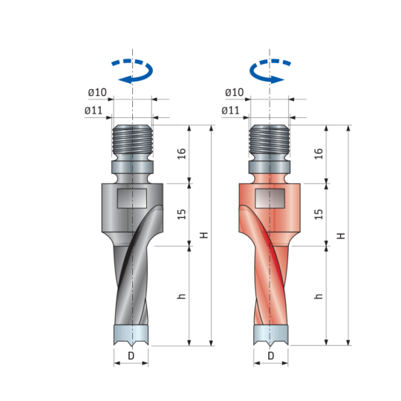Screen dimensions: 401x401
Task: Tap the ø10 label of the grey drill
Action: click(x=97, y=92)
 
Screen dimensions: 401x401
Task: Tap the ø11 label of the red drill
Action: click(x=230, y=111)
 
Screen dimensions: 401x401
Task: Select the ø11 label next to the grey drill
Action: click(x=94, y=111)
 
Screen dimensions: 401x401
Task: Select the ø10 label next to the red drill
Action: click(x=234, y=92)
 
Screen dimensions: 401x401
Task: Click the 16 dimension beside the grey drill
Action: click(x=181, y=154)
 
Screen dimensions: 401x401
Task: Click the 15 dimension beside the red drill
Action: click(x=319, y=215)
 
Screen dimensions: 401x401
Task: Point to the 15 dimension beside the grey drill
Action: click(x=181, y=215)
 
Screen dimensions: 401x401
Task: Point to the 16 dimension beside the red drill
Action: click(x=319, y=154)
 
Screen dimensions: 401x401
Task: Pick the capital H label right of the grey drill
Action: click(x=203, y=235)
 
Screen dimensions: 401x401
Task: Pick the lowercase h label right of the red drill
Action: click(x=319, y=296)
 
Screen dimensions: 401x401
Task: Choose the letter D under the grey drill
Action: click(x=131, y=356)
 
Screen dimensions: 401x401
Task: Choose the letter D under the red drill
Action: click(x=271, y=356)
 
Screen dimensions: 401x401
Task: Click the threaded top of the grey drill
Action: click(x=132, y=140)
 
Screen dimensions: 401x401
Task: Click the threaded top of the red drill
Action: click(x=270, y=140)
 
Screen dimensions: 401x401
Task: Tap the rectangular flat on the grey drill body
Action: click(x=132, y=198)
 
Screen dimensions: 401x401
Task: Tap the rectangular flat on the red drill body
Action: click(x=270, y=198)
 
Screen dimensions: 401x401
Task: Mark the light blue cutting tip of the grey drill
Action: click(x=131, y=336)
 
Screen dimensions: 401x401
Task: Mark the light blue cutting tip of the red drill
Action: click(x=271, y=336)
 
